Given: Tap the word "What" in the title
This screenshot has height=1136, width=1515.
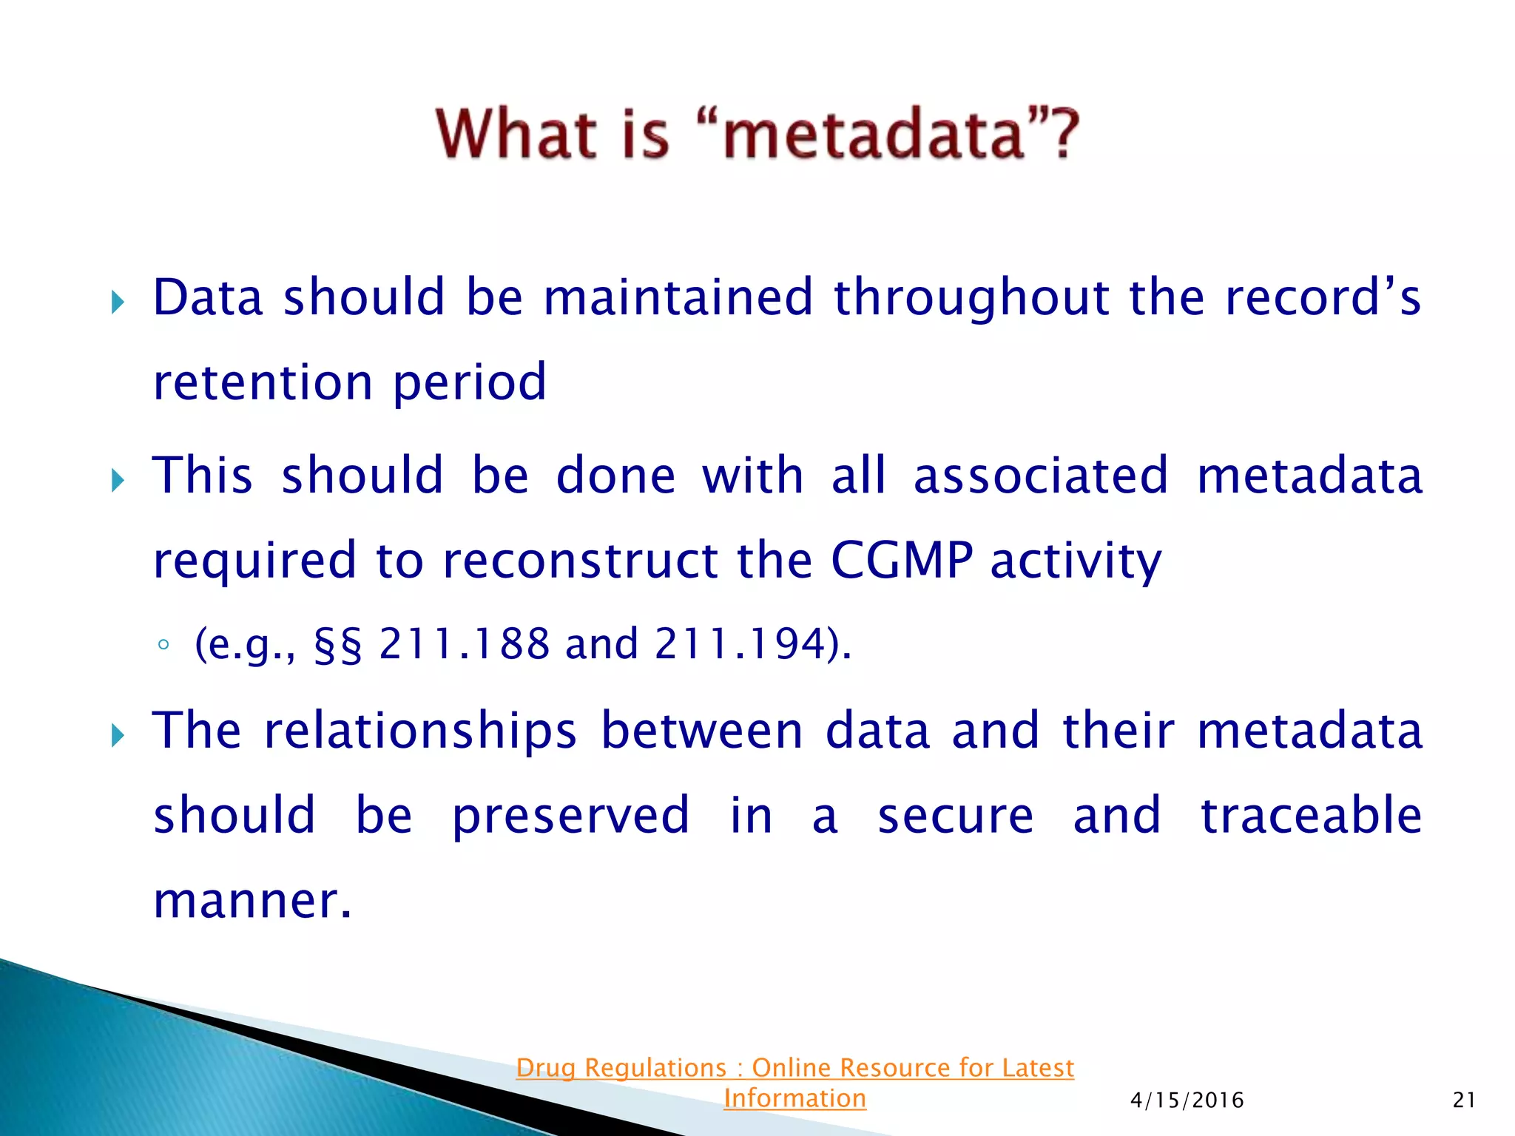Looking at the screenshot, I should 516,135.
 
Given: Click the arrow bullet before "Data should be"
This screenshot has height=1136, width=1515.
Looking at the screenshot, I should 118,302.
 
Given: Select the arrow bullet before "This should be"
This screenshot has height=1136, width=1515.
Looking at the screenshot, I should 118,481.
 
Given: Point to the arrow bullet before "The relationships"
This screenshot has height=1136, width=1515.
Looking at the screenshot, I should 118,735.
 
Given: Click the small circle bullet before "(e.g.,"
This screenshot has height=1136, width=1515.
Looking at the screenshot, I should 163,645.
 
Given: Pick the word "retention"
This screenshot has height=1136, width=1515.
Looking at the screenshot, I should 263,383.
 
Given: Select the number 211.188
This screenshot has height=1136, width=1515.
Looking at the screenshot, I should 464,643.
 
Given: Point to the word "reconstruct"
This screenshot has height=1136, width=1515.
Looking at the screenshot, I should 580,561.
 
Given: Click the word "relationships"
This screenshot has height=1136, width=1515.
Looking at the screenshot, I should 419,731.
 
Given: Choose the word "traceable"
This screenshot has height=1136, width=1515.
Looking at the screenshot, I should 1311,816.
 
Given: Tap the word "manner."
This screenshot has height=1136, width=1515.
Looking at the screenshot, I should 252,901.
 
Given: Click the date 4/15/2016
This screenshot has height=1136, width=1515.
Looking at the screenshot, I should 1187,1100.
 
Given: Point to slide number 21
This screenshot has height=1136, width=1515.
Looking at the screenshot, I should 1464,1100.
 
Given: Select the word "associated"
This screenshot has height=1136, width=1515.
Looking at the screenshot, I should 1040,476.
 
